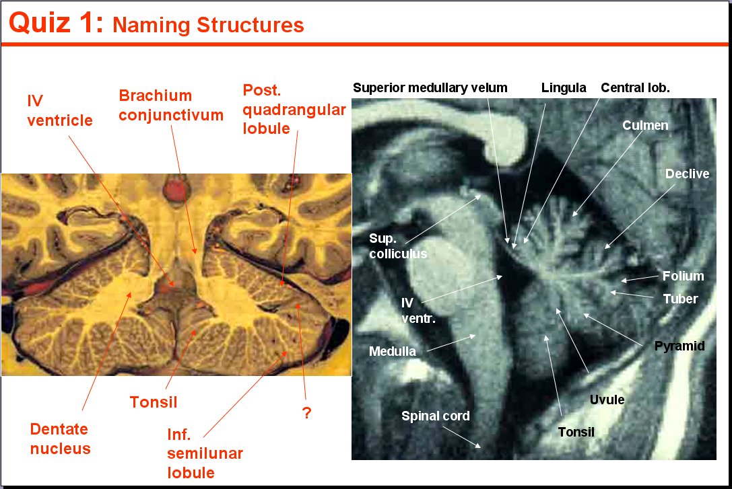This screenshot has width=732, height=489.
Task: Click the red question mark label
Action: click(306, 412)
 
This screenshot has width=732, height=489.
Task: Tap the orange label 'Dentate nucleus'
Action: click(60, 439)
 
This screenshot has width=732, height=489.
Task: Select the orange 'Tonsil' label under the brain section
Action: click(154, 402)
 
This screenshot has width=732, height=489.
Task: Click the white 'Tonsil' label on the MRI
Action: click(576, 432)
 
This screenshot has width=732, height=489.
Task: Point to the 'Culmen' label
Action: click(645, 125)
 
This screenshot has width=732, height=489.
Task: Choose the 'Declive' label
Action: click(687, 174)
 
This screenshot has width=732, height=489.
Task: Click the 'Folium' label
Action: click(683, 276)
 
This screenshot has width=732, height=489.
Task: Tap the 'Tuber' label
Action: click(680, 299)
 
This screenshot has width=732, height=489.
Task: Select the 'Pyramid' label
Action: click(679, 346)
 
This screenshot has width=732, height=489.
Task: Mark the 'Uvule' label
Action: click(607, 400)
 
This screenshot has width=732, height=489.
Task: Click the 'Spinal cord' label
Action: click(436, 416)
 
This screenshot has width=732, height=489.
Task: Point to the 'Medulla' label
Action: click(392, 351)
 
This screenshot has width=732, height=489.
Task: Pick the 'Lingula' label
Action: click(564, 88)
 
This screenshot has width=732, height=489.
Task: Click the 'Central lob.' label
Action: click(635, 87)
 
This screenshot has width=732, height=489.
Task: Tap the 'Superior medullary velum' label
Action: click(430, 87)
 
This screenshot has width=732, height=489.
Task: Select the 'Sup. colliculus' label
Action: click(398, 246)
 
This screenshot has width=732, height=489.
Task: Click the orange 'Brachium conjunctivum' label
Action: click(171, 105)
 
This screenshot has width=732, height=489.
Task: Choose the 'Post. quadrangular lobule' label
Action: click(294, 109)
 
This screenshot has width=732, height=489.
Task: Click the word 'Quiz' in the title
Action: click(39, 24)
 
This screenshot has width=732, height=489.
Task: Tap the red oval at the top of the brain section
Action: click(176, 191)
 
